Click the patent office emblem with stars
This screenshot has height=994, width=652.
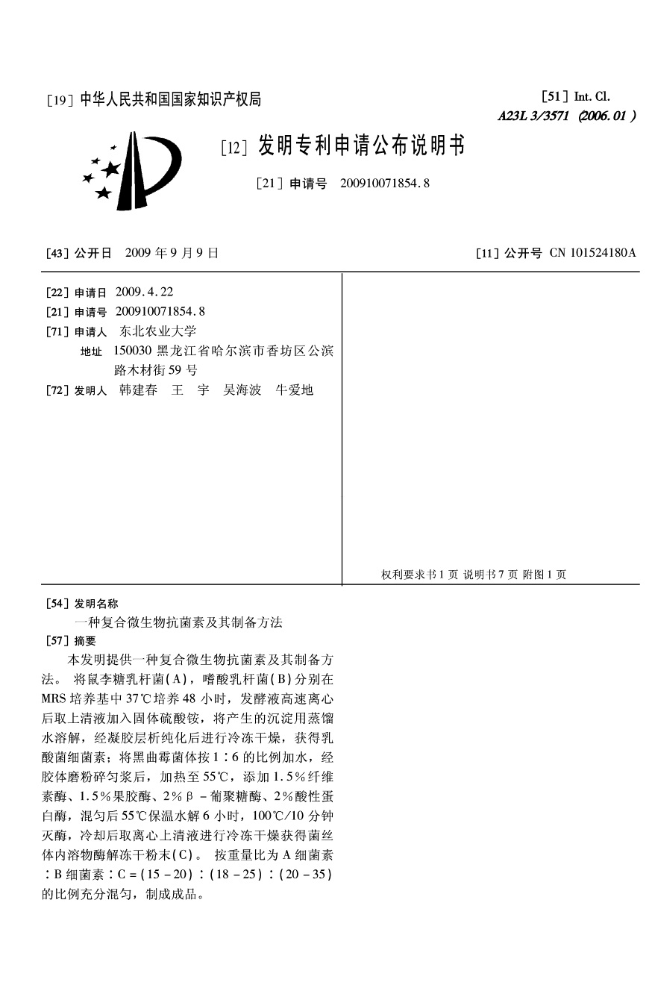coord(133,171)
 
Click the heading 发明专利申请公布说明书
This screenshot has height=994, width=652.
coord(361,146)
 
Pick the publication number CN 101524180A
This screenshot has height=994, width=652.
coord(592,253)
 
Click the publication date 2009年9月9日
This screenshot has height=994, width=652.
coord(172,253)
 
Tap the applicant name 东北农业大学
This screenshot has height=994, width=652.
coord(157,331)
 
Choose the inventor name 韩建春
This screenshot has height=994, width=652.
coord(138,390)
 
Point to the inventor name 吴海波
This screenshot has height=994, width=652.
coord(242,390)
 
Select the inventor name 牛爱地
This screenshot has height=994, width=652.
coord(295,390)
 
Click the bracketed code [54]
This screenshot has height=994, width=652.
coord(57,604)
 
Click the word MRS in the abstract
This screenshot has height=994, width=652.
coord(54,699)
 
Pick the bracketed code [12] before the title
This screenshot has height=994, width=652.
coord(233,149)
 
